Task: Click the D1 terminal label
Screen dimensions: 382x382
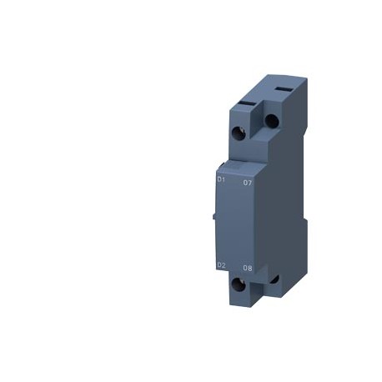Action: [x=220, y=179]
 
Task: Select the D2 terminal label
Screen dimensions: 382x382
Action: [x=220, y=266]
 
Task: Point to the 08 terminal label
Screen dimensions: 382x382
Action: [x=248, y=269]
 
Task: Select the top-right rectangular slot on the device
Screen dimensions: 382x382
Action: [x=280, y=86]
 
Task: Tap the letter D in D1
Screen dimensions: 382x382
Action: [x=218, y=179]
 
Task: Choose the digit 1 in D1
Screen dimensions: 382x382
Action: [x=223, y=179]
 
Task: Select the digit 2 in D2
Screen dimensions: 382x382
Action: [x=223, y=266]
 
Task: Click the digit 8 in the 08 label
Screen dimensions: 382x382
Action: [x=250, y=269]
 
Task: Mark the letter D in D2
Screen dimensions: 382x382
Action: [x=218, y=266]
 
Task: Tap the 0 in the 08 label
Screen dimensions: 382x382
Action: [x=245, y=269]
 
